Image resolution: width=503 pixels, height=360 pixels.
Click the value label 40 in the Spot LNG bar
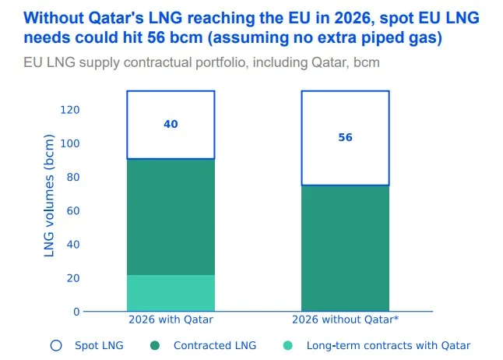[171, 124]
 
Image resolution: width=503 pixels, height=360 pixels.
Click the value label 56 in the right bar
[345, 137]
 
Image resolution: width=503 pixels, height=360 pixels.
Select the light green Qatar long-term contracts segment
[171, 293]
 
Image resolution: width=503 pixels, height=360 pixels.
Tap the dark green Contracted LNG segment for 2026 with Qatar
[171, 217]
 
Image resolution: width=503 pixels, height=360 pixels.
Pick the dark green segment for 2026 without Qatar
[345, 248]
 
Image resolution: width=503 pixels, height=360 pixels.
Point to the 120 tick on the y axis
[70, 110]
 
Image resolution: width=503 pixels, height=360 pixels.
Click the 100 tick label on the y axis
[70, 143]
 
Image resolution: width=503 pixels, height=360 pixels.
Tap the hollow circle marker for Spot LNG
[56, 345]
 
